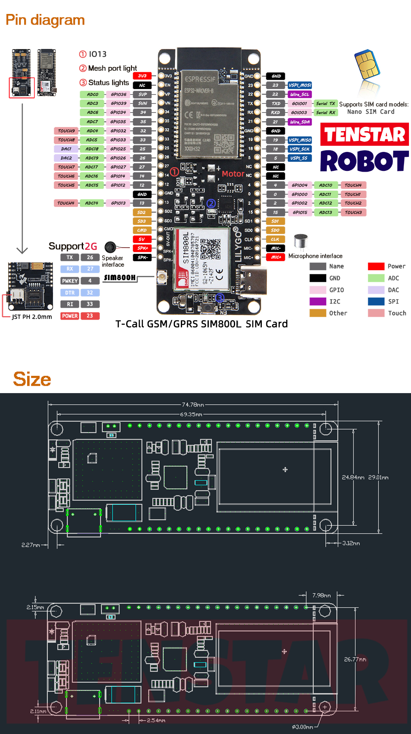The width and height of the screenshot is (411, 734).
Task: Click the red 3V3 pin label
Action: (x=142, y=76)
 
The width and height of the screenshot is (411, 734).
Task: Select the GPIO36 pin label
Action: (x=118, y=94)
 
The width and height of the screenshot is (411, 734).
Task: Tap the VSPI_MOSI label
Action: (x=300, y=85)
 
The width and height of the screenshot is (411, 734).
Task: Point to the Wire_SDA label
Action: (x=300, y=122)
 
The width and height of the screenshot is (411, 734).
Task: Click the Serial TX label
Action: (x=326, y=104)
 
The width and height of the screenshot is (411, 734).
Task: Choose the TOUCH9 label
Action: (x=66, y=131)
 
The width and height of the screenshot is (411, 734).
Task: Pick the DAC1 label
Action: (x=66, y=149)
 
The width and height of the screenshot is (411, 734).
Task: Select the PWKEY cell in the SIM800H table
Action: (x=70, y=281)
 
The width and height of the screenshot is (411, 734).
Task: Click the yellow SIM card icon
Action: (x=367, y=65)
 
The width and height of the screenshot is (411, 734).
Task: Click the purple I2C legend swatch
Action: (x=318, y=301)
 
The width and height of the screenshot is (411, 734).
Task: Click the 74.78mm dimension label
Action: (x=193, y=405)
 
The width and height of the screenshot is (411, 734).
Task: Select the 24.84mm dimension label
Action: (x=353, y=478)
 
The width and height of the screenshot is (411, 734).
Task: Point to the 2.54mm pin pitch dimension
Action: (x=156, y=720)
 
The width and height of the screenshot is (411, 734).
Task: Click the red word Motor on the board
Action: (x=233, y=174)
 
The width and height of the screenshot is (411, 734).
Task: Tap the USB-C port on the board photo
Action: (x=250, y=281)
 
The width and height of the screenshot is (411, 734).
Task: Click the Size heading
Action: (x=32, y=379)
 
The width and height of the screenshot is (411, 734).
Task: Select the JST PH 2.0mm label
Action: (x=32, y=317)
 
